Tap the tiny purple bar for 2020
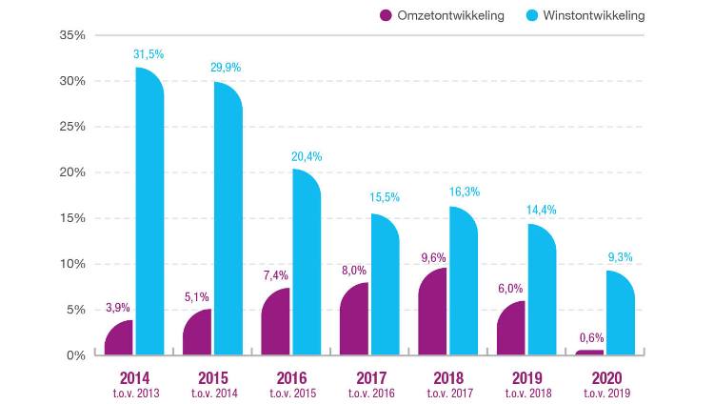(x=589, y=353)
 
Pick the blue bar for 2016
(x=307, y=263)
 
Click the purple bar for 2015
(x=197, y=333)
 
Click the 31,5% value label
(x=149, y=54)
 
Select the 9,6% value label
(x=432, y=257)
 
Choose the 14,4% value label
(x=542, y=211)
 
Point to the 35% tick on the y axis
(x=72, y=35)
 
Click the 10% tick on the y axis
(x=72, y=264)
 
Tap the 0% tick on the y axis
(x=76, y=355)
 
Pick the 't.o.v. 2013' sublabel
(x=134, y=393)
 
